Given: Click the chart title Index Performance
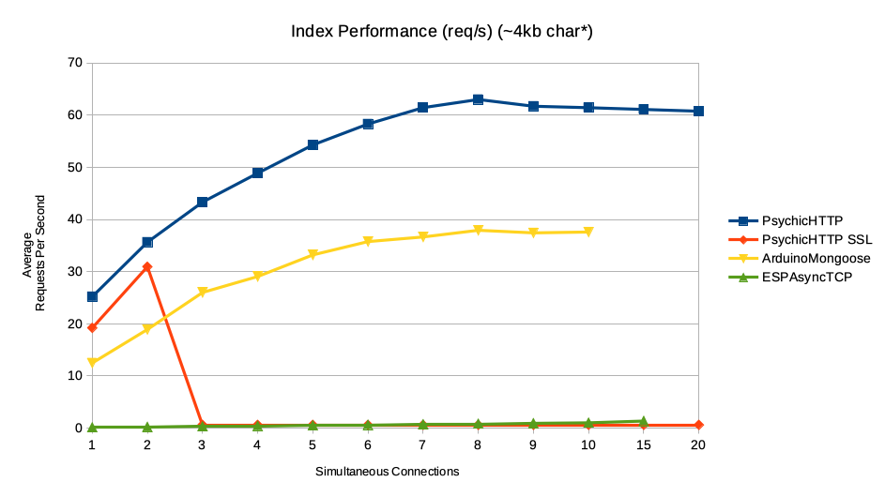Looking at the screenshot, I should (442, 32).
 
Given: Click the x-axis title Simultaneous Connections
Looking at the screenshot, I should (387, 472).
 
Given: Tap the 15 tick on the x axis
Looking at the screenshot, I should (643, 445).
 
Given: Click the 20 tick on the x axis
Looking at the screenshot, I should (698, 445).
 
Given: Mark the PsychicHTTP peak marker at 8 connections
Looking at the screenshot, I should (478, 99).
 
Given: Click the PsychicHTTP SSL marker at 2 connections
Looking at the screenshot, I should (147, 267).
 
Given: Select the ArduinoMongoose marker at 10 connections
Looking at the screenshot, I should (588, 232).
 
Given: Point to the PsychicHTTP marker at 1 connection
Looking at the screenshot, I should (92, 296).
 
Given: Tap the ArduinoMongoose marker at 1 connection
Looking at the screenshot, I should (92, 363).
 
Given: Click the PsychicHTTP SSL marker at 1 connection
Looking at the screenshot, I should (92, 327).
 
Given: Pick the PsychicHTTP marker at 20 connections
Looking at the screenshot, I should (698, 111).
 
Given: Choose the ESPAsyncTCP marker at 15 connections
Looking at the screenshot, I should (643, 421).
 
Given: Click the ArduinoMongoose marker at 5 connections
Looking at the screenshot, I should (313, 255).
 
